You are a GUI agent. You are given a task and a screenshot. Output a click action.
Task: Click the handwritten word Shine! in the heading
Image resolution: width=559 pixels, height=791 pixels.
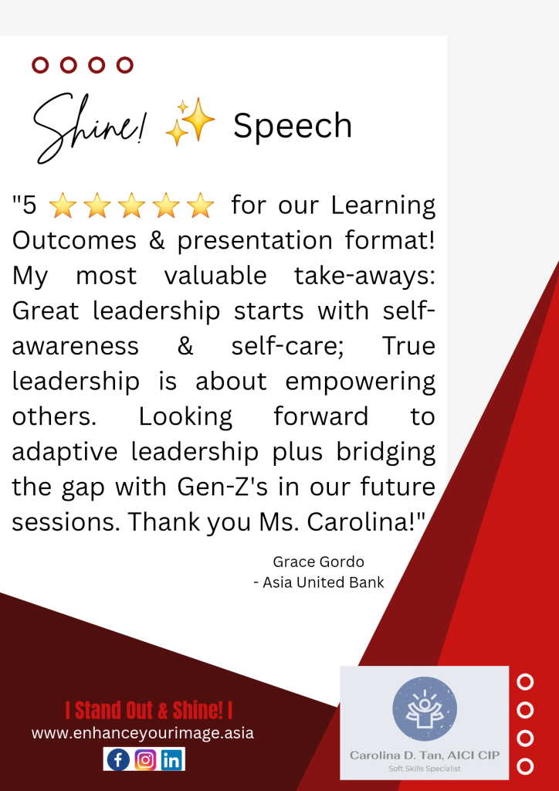[x=87, y=128]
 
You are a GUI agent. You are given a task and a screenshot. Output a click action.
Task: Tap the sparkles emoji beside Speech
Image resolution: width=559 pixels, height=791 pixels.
[x=190, y=121]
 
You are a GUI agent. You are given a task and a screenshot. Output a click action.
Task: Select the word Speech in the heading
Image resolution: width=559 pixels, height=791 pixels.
[x=293, y=126]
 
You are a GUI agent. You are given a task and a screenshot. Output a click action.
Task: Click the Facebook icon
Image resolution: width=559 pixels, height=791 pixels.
[x=118, y=759]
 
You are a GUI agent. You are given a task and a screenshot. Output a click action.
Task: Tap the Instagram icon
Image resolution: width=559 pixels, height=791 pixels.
[x=145, y=759]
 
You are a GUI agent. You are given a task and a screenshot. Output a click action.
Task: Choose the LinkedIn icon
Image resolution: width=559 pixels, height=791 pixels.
[x=172, y=759]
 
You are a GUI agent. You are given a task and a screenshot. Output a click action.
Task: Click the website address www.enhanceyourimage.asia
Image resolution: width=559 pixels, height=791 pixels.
[x=143, y=733]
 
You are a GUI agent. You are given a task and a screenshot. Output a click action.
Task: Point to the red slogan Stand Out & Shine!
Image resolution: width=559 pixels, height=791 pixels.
[x=149, y=711]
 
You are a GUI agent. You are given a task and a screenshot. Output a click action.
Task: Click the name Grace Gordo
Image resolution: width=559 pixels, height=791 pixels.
[x=318, y=562]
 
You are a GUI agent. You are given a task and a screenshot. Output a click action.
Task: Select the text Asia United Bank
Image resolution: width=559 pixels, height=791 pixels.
[x=323, y=582]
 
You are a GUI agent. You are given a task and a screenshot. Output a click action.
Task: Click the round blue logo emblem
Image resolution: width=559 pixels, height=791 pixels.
[x=425, y=709]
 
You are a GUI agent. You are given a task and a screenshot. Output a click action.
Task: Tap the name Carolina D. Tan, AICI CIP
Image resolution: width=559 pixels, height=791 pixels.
[x=425, y=755]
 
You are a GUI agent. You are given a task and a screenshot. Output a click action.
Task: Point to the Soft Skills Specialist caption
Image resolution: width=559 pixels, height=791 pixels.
[x=425, y=769]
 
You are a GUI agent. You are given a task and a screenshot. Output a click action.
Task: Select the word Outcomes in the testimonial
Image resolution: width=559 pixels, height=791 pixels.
[x=74, y=241]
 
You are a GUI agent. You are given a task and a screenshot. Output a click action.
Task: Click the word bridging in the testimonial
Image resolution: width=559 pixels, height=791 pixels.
[x=386, y=453]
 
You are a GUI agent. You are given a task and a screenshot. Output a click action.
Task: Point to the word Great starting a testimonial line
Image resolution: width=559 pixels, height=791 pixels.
[x=46, y=311]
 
